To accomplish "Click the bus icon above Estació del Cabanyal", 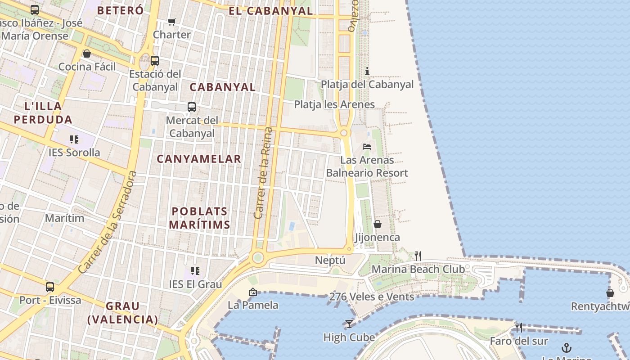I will point(155,60).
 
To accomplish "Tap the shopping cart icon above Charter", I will point(171,22).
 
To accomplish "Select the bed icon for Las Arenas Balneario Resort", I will point(367,147).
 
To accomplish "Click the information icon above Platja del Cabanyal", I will point(367,71).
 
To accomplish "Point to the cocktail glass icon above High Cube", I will point(349,324).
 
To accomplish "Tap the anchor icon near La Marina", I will point(567,347).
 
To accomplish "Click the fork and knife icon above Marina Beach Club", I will point(418,256).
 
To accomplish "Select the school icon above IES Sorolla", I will point(74,139).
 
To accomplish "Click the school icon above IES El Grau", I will point(195,271).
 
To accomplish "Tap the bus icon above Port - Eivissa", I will point(50,287).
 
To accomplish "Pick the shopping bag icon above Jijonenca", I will point(378,224).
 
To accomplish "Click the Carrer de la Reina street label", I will point(263,173).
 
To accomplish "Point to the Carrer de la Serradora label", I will point(107,222).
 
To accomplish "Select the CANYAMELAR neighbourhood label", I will point(199,159).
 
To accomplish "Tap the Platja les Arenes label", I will point(334,104).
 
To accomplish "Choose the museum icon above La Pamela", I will point(253,292).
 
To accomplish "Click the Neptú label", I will point(330,260).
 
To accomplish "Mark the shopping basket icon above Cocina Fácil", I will point(87,54).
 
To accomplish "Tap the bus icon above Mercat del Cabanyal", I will point(192,107).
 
